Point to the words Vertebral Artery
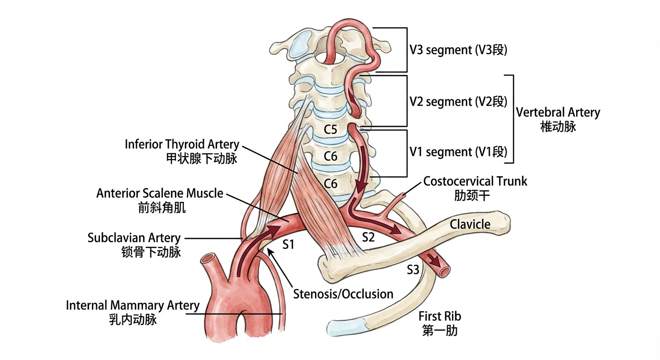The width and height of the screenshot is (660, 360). [x=558, y=112]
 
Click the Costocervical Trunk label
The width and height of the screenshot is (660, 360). [x=475, y=181]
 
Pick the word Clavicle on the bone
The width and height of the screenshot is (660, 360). [x=470, y=224]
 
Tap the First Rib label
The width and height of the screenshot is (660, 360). [x=440, y=316]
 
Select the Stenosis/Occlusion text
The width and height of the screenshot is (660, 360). [x=343, y=294]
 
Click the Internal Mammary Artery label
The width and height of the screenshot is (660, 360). [x=133, y=306]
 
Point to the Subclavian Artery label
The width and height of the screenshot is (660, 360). [x=134, y=238]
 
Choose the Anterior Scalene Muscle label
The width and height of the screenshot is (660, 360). [x=160, y=193]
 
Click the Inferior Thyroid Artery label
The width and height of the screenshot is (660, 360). [x=182, y=144]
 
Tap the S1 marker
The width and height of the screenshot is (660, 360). [x=288, y=244]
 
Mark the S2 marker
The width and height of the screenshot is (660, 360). [x=369, y=238]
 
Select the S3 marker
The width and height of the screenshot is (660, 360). [x=414, y=270]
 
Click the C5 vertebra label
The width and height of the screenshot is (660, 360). [x=331, y=129]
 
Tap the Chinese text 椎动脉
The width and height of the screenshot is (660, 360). [x=558, y=127]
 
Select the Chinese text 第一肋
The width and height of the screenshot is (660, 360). [x=440, y=330]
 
